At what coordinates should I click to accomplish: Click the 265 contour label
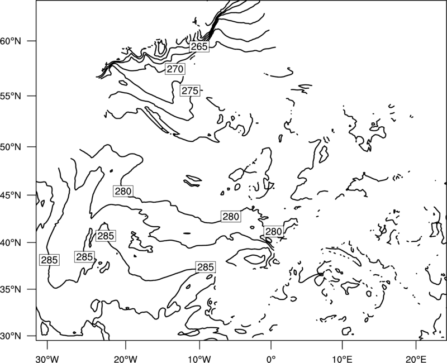coord(199,46)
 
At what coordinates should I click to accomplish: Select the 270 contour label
coord(175,69)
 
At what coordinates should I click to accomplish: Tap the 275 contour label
coord(190,90)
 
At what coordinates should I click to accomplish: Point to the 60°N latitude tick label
coord(11,41)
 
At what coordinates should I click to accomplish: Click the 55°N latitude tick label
coord(11,96)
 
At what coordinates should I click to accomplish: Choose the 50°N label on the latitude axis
coord(11,147)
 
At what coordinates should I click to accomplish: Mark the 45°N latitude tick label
coord(11,195)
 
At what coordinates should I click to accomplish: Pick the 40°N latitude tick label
coord(11,243)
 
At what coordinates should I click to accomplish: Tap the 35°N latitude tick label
coord(11,289)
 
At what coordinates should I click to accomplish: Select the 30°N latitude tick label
coord(11,336)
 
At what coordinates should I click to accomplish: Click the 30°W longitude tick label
coord(47,359)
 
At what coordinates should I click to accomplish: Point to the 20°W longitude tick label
coord(125,359)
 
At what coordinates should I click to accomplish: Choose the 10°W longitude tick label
coord(199,359)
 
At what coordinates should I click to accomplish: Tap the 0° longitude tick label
coord(271,359)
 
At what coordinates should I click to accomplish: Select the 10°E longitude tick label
coord(342,359)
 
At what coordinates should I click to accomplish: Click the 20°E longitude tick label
coord(416,359)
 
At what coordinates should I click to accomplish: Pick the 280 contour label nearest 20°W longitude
coord(123,191)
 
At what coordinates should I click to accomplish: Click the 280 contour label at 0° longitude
coord(274,232)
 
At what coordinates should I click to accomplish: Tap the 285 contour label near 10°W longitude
coord(206,267)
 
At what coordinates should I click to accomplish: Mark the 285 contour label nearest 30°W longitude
coord(49,260)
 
